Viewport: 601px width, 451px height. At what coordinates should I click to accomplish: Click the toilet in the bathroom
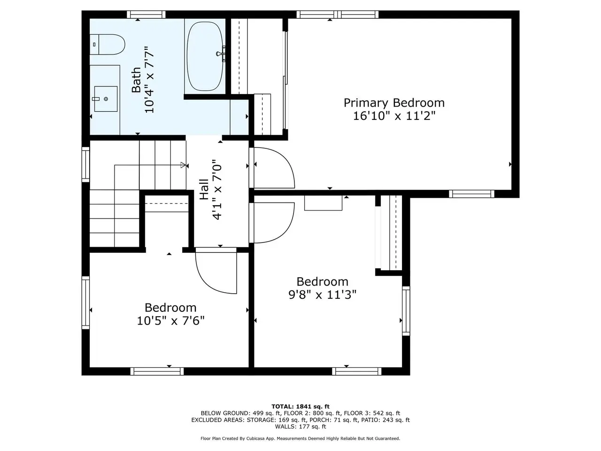pos(108,44)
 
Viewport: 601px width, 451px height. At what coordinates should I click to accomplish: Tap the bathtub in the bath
pos(205,56)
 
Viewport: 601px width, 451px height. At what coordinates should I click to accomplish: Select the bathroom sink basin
pos(106,99)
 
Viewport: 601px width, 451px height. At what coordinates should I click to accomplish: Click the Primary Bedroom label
pos(394,103)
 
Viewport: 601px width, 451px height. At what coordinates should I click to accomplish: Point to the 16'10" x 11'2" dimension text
pos(394,116)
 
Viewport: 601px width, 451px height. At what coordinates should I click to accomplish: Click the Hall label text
pos(204,189)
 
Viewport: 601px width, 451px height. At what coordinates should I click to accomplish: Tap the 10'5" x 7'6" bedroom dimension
pos(170,321)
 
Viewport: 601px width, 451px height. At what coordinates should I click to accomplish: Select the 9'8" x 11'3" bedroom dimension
pos(323,295)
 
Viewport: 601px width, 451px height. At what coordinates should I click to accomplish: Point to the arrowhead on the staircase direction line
pos(183,165)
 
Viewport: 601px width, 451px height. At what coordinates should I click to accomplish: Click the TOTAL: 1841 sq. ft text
pos(300,406)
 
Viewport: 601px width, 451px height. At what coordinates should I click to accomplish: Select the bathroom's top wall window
pos(146,14)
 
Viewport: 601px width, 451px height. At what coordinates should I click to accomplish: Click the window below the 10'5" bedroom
pos(157,371)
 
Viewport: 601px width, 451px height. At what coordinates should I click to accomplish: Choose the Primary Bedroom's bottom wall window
pos(471,194)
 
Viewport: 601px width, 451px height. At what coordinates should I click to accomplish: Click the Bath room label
pos(136,80)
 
